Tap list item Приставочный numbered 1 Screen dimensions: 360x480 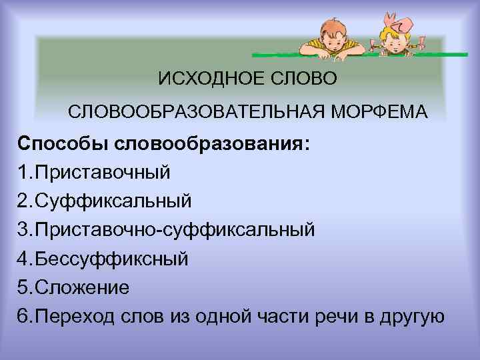click(x=103, y=171)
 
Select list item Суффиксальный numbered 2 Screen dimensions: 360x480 click(x=113, y=199)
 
